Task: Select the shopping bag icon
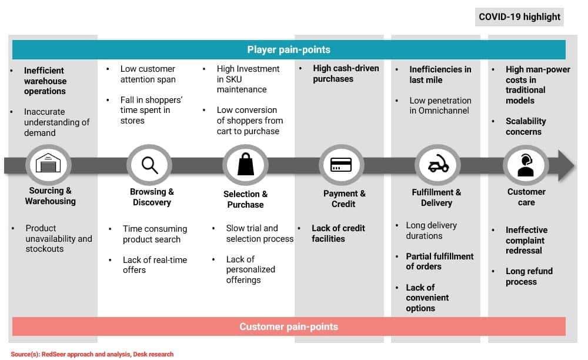pos(246,165)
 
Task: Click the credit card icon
pos(341,165)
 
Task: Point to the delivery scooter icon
pos(437,165)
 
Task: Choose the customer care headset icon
pos(525,165)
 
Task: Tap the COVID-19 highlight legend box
pos(519,16)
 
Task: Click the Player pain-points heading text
pos(289,49)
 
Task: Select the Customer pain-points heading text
pos(289,326)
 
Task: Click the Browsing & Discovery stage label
pos(152,197)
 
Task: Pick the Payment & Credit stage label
pos(344,199)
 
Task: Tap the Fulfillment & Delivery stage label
pos(436,198)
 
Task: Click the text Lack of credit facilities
pos(338,234)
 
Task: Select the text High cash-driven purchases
pos(346,74)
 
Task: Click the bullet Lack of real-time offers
pos(155,265)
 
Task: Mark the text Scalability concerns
pos(526,126)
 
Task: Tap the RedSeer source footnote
pos(92,354)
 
